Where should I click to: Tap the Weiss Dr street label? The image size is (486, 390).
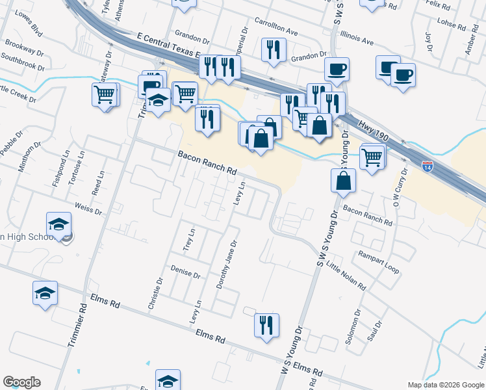click(x=89, y=209)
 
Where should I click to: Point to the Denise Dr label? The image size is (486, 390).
click(x=185, y=271)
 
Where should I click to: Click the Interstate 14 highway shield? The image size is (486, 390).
click(x=427, y=166)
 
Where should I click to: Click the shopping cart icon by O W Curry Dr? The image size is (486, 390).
click(x=372, y=157)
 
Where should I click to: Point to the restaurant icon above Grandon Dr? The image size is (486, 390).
click(x=274, y=49)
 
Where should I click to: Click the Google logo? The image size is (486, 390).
click(x=21, y=382)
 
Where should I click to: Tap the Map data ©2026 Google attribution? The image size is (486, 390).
click(x=446, y=385)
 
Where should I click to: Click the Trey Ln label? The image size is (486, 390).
click(x=190, y=240)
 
